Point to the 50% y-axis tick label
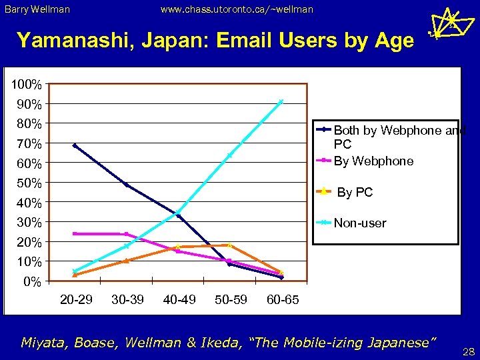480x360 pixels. (28, 183)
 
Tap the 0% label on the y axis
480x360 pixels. (31, 282)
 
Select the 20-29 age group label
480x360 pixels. (76, 299)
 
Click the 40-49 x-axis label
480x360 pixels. (179, 299)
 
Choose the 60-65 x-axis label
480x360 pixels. (283, 299)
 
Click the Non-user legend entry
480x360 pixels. (359, 223)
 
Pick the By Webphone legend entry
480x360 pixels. (373, 161)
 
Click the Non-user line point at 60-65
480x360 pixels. (281, 101)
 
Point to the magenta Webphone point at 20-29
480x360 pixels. (75, 233)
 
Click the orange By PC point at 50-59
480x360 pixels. (229, 245)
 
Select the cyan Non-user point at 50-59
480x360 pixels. (229, 155)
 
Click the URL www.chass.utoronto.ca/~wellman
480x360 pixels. (237, 9)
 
